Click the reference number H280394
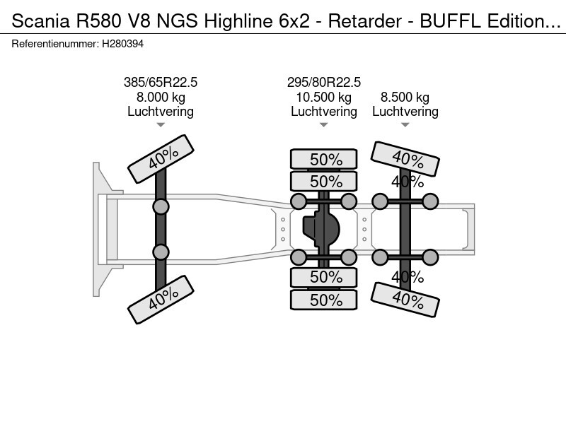click(122, 44)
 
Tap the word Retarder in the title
click(364, 21)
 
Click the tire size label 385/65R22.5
click(161, 82)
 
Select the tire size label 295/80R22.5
click(324, 82)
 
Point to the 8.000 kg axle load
click(161, 98)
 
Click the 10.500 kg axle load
click(324, 98)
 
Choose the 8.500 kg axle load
click(405, 98)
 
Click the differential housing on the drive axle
click(321, 229)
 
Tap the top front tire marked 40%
click(161, 159)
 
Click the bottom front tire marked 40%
click(161, 300)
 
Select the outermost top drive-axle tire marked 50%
click(324, 159)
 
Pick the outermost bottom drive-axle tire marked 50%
click(324, 300)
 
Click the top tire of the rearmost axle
click(405, 158)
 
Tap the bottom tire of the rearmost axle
click(405, 300)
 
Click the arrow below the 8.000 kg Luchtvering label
click(161, 125)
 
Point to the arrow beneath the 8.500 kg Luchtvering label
click(405, 125)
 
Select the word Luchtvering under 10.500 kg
click(324, 112)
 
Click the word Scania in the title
click(41, 21)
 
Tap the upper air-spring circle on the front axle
click(161, 207)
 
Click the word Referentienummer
click(55, 44)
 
